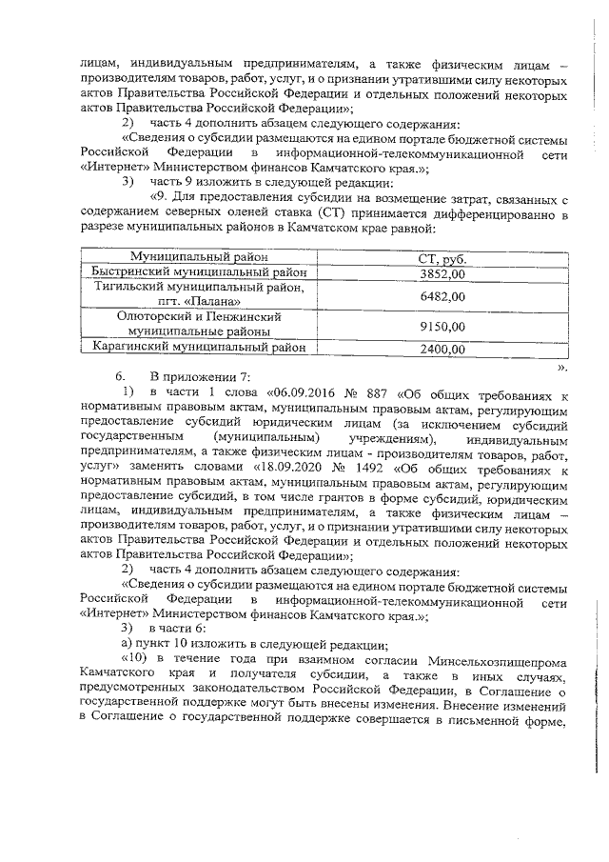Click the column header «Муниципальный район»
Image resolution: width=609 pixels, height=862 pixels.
[199, 258]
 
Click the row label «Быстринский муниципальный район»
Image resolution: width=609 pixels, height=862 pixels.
[199, 272]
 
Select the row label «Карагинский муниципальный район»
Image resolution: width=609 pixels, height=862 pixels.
[199, 348]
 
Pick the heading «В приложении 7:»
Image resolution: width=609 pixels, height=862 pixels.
[199, 378]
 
